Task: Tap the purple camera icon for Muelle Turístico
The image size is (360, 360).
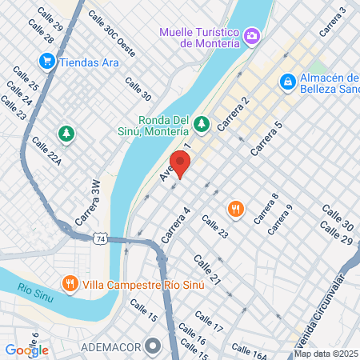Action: pyautogui.click(x=252, y=35)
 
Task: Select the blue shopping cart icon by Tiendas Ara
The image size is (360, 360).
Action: pyautogui.click(x=46, y=60)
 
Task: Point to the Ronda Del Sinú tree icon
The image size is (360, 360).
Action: pyautogui.click(x=202, y=123)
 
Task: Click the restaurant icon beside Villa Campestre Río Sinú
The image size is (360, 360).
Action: pyautogui.click(x=70, y=283)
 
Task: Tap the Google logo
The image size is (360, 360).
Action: pyautogui.click(x=26, y=350)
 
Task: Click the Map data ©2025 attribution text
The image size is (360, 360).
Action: pyautogui.click(x=326, y=354)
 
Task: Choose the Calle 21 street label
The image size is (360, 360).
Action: pyautogui.click(x=206, y=270)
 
